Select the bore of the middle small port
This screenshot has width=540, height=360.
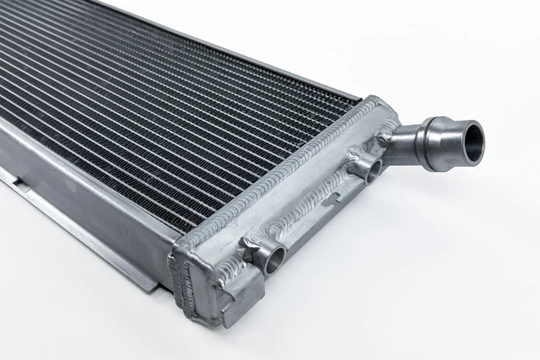[x=372, y=171]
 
